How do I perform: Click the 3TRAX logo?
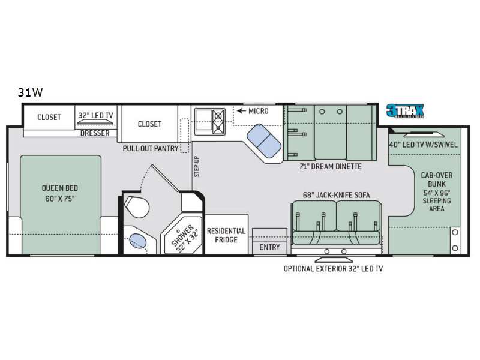pyautogui.click(x=405, y=111)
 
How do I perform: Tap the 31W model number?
pyautogui.click(x=30, y=92)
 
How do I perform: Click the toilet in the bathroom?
pyautogui.click(x=137, y=207)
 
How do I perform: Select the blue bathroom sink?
pyautogui.click(x=138, y=241)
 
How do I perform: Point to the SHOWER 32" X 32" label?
pyautogui.click(x=185, y=238)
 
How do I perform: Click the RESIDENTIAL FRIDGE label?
pyautogui.click(x=226, y=235)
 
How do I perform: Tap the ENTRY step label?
pyautogui.click(x=269, y=247)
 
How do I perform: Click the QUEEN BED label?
pyautogui.click(x=60, y=193)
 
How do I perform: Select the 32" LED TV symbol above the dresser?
pyautogui.click(x=95, y=122)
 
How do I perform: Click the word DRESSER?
pyautogui.click(x=95, y=133)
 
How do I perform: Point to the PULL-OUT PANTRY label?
pyautogui.click(x=151, y=148)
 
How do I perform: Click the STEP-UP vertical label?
pyautogui.click(x=197, y=167)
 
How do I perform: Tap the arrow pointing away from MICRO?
pyautogui.click(x=242, y=111)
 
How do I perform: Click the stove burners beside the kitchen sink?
pyautogui.click(x=218, y=122)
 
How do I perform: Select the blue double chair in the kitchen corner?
pyautogui.click(x=264, y=141)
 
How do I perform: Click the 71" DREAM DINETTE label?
pyautogui.click(x=331, y=167)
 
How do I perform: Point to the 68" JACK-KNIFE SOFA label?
pyautogui.click(x=336, y=195)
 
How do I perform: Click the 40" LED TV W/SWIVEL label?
pyautogui.click(x=424, y=145)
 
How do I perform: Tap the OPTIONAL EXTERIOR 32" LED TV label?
pyautogui.click(x=333, y=269)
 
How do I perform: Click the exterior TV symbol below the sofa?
pyautogui.click(x=334, y=260)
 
